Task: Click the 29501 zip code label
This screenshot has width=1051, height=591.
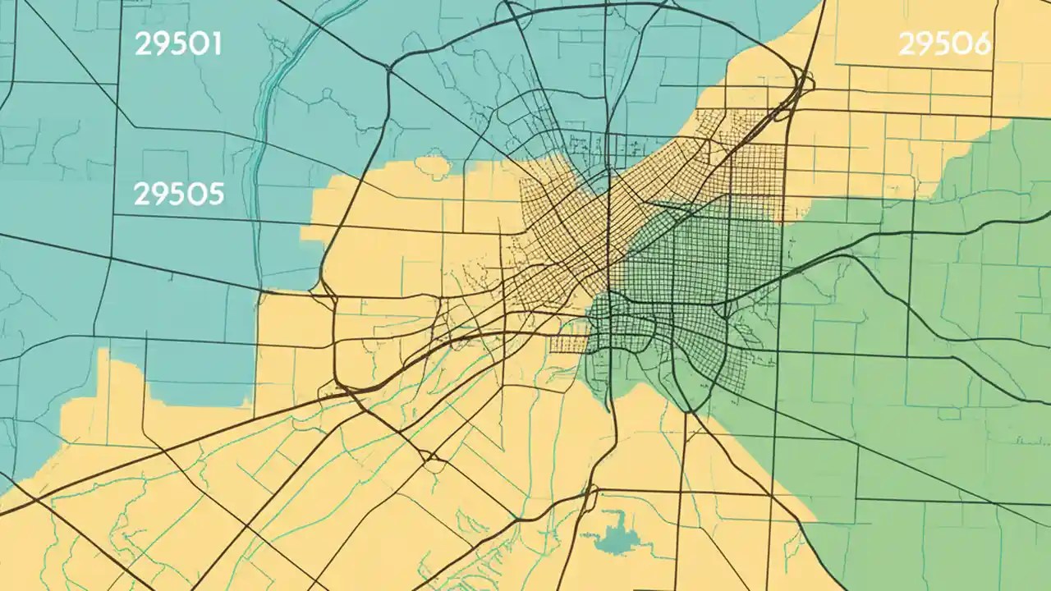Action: point(178,44)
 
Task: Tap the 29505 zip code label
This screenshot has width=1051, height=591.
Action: point(178,194)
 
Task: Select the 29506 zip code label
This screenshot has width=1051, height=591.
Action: point(945,44)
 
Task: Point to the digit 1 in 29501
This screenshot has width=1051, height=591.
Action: point(215,44)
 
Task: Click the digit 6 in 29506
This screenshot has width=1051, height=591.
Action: point(980,44)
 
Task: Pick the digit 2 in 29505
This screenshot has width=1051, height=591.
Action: point(141,194)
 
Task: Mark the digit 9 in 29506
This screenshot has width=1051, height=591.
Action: point(926,44)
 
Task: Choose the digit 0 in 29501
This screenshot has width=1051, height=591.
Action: point(197,44)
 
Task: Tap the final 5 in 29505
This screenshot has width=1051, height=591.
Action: point(214,194)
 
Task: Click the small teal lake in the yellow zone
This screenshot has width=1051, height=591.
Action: point(613,538)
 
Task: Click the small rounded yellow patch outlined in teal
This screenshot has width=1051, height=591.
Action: point(433,167)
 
